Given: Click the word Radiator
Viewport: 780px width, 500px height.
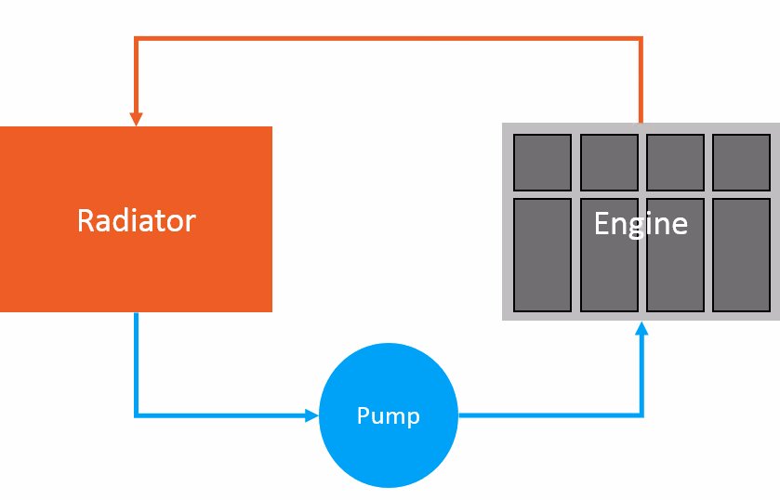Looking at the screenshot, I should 136,220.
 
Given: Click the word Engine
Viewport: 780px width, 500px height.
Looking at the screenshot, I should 641,223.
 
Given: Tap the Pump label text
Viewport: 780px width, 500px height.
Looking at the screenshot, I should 389,415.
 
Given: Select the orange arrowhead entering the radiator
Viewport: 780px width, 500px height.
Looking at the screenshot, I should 136,119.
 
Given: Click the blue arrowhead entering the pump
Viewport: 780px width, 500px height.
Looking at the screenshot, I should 311,415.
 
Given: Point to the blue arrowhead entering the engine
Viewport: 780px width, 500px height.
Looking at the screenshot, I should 641,328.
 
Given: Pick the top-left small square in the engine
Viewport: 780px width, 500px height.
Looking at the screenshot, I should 542,162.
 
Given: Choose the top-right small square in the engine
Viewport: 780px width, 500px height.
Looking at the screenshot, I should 741,162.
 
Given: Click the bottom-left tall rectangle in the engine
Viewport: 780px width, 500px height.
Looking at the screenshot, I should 542,254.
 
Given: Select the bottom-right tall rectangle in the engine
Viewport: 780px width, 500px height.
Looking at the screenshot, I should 741,254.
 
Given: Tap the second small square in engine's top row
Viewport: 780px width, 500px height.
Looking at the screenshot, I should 609,162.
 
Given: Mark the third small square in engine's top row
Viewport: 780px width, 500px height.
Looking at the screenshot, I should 675,162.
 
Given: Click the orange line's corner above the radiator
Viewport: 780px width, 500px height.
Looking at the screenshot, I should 137,39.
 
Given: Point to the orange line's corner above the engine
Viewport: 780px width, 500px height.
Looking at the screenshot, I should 641,39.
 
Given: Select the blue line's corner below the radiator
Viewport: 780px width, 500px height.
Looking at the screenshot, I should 137,415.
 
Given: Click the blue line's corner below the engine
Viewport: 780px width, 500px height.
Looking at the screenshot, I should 641,415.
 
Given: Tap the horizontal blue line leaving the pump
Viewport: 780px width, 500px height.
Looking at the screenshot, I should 549,415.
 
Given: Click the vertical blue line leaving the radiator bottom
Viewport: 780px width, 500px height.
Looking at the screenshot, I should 137,362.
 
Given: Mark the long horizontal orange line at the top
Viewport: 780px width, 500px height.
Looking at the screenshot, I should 389,39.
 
